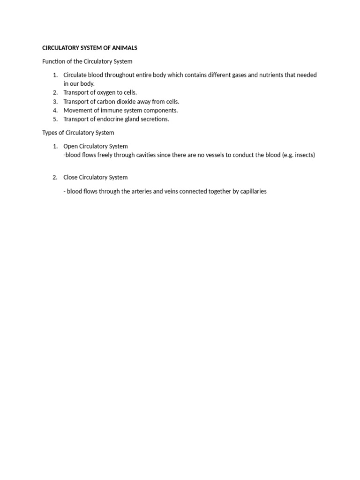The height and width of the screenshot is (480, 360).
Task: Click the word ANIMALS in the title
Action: (x=123, y=48)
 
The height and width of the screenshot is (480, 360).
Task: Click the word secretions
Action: (x=154, y=119)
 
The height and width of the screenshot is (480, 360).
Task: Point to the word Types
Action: (x=50, y=133)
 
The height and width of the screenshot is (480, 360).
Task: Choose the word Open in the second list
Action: (x=70, y=146)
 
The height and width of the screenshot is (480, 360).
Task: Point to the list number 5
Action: (x=55, y=119)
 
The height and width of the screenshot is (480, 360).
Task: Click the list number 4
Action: (x=55, y=110)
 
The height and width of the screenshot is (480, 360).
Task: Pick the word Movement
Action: (x=77, y=110)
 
